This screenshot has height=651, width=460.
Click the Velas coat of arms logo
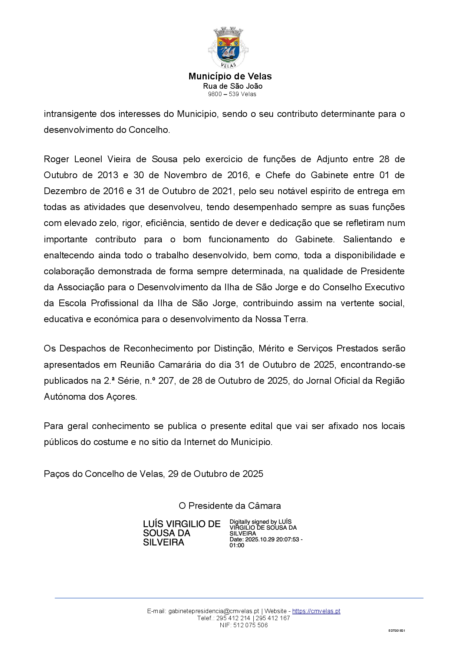229,48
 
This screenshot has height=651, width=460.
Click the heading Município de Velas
230,76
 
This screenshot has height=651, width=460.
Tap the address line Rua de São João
233,86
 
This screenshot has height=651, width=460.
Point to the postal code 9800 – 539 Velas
232,94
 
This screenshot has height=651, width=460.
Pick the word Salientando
367,239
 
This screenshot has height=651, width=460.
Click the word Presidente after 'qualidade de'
382,271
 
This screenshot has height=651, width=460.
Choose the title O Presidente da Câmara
230,506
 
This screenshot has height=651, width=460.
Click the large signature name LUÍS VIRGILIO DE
182,524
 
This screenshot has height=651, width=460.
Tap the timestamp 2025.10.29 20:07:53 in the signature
272,540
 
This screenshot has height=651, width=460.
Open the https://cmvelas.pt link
316,611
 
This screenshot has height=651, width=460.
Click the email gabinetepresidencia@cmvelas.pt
214,611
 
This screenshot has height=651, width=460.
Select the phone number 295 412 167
273,618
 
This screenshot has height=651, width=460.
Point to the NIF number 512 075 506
250,625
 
